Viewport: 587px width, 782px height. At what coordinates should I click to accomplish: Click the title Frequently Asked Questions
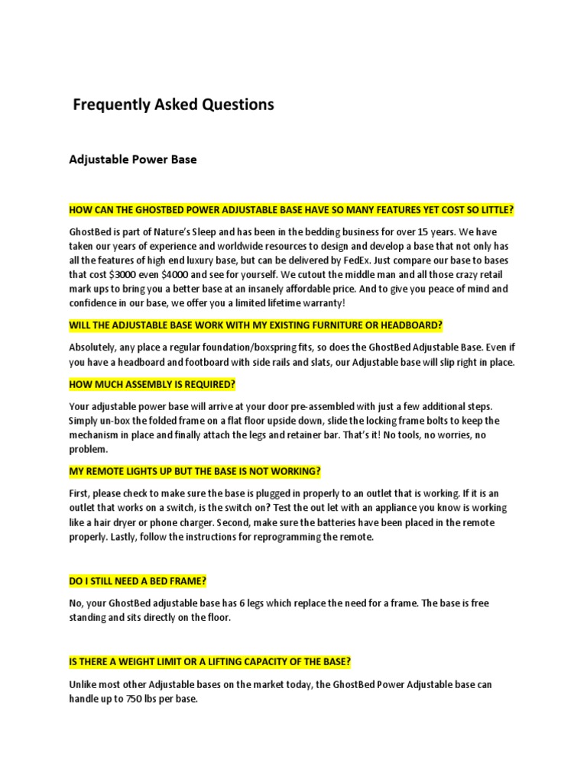click(x=173, y=105)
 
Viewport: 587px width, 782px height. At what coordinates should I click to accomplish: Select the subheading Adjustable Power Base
click(x=133, y=160)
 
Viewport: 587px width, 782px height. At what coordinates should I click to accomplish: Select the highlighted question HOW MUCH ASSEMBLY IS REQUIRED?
click(x=152, y=383)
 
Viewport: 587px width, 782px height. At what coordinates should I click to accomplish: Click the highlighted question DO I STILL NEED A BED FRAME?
click(x=138, y=581)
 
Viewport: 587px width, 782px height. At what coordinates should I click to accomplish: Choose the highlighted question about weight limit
click(x=209, y=661)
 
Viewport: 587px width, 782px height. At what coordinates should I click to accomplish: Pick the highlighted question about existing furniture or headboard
click(x=255, y=325)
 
